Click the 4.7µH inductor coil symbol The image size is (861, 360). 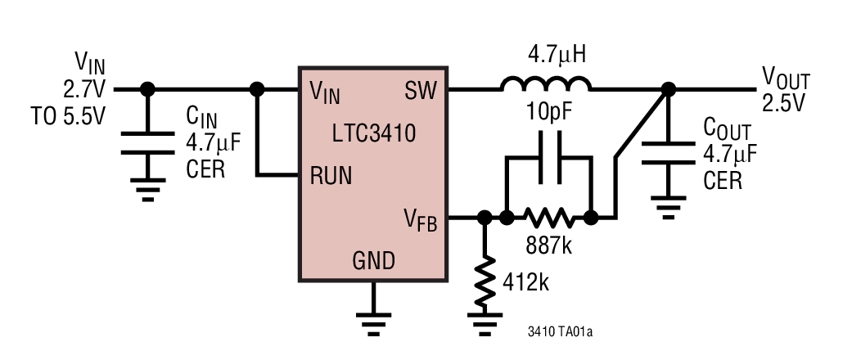pos(546,83)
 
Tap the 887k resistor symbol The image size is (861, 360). pos(548,218)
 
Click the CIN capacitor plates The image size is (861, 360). pos(147,144)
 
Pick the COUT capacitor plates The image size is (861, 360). pos(668,153)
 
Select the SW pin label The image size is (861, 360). pos(421,92)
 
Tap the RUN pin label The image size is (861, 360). pos(331,175)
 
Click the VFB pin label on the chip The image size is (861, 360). pos(420,219)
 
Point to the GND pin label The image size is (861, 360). pos(373,261)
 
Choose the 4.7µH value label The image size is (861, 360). pos(546,56)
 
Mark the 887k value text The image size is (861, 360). pos(548,245)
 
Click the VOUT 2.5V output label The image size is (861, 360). pos(786,90)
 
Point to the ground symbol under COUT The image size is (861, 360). pos(668,209)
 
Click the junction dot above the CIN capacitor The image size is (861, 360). pos(147,88)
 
